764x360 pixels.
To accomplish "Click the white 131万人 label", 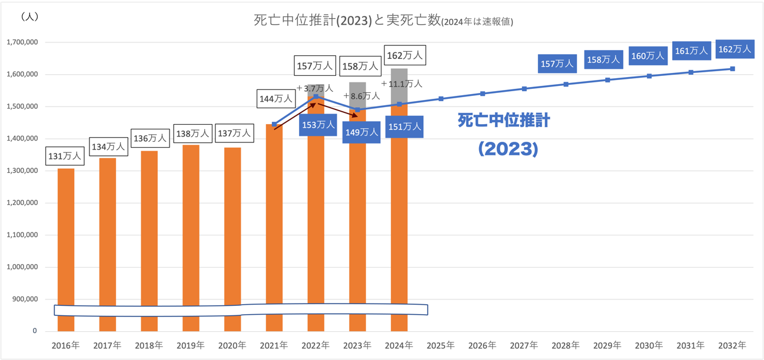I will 65,156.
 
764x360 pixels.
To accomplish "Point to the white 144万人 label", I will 276,99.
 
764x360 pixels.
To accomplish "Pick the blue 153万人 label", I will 318,125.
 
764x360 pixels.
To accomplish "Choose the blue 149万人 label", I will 361,132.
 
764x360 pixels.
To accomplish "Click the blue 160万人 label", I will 647,56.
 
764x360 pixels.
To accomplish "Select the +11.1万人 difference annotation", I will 401,84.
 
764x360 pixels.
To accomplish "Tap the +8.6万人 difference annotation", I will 361,96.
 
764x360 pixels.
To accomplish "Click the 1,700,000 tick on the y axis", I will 22,42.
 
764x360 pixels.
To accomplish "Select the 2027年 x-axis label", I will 524,345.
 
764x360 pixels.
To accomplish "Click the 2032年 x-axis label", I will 732,345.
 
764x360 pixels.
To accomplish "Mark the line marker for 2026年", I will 483,94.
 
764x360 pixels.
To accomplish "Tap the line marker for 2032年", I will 733,69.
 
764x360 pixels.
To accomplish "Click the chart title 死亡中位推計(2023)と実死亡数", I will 347,21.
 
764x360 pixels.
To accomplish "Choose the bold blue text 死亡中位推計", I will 504,121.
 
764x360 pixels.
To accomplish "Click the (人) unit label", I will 29,16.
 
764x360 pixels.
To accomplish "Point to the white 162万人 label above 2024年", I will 404,55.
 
